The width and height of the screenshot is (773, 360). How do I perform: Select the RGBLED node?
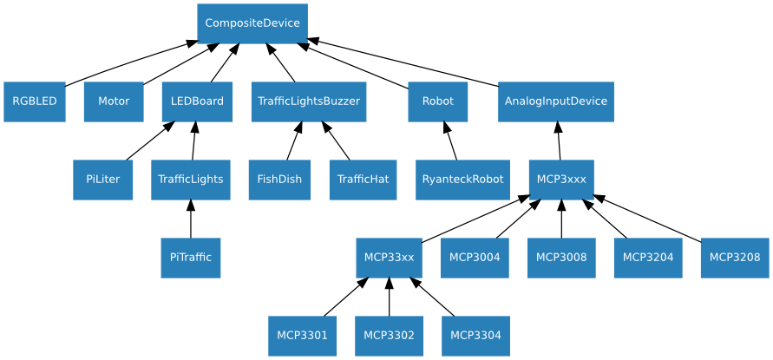tap(35, 101)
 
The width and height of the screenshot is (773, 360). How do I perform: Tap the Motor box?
tap(114, 101)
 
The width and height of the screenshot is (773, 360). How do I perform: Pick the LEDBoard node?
tap(197, 101)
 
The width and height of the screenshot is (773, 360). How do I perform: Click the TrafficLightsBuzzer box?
tap(309, 101)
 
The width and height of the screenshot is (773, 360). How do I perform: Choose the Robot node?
tap(438, 101)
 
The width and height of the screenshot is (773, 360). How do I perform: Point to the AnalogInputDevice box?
tap(556, 101)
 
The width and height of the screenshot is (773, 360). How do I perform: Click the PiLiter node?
tap(102, 180)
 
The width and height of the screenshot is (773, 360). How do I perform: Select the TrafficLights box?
tap(191, 180)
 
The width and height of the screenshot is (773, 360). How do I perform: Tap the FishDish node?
tap(279, 180)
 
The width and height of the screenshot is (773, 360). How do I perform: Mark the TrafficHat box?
tap(363, 180)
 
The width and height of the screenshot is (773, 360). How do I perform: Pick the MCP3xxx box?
tap(561, 180)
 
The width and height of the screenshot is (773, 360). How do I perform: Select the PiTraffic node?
tap(191, 258)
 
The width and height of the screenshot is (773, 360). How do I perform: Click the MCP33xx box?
tap(389, 258)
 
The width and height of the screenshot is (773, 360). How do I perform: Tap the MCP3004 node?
tap(475, 258)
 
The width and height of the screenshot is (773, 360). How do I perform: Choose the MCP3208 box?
tap(735, 258)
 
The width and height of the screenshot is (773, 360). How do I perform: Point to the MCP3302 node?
tap(389, 336)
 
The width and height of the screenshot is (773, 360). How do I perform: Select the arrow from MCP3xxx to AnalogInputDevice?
tap(559, 142)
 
